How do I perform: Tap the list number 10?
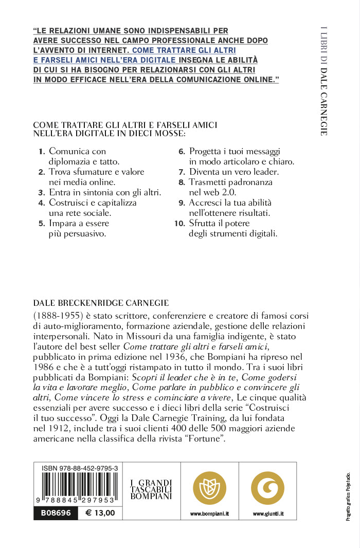pos(179,224)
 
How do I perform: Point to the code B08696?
pos(56,513)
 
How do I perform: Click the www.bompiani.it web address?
pos(209,514)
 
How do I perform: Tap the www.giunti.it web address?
pos(267,514)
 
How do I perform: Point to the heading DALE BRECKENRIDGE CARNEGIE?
pos(101,303)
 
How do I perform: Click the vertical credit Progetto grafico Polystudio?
pos(348,496)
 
